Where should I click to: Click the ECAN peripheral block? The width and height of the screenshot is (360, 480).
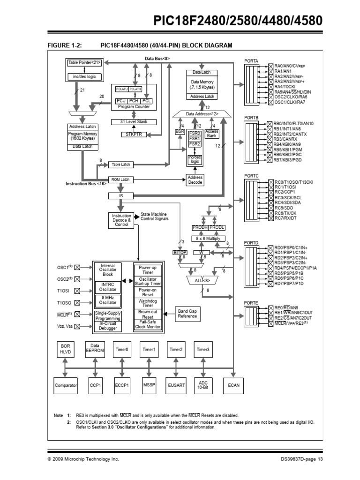point(233,385)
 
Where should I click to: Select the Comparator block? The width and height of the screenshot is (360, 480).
point(65,385)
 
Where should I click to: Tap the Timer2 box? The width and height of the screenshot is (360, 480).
point(176,349)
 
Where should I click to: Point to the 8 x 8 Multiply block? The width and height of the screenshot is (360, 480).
point(208,239)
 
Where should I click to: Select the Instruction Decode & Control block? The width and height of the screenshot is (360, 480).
point(121,220)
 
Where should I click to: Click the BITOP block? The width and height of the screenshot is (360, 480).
point(180,252)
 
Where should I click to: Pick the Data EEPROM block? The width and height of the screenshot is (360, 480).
point(93,349)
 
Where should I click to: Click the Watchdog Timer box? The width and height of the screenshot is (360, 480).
point(148,303)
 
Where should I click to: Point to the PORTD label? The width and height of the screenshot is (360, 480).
point(250,242)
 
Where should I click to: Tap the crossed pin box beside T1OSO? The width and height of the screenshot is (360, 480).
point(77,303)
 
